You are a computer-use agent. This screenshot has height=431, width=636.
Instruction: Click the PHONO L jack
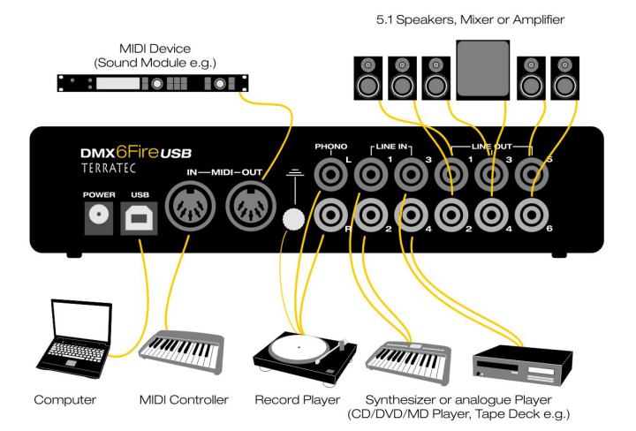point(329,174)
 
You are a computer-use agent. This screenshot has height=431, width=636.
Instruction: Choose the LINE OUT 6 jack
point(532,213)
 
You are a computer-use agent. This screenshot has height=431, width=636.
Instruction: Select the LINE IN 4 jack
point(411,213)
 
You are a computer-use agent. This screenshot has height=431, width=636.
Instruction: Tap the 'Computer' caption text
point(66,400)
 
